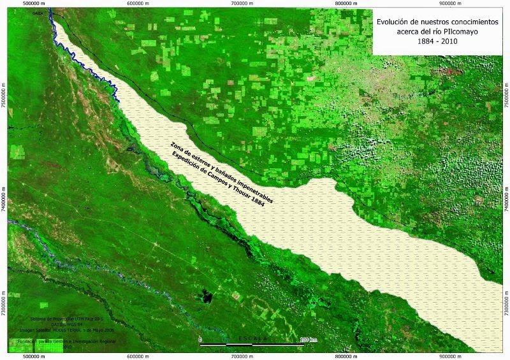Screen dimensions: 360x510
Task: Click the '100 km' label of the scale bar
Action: click(309, 340)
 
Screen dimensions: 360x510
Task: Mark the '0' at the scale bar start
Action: click(200, 340)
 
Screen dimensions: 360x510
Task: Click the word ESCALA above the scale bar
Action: click(254, 337)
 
